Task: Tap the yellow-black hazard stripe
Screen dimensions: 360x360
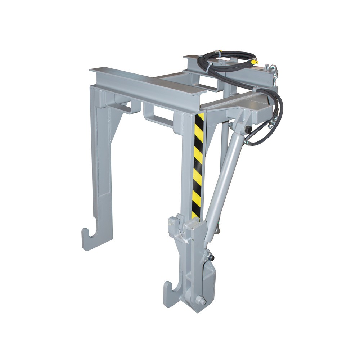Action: point(198,166)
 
